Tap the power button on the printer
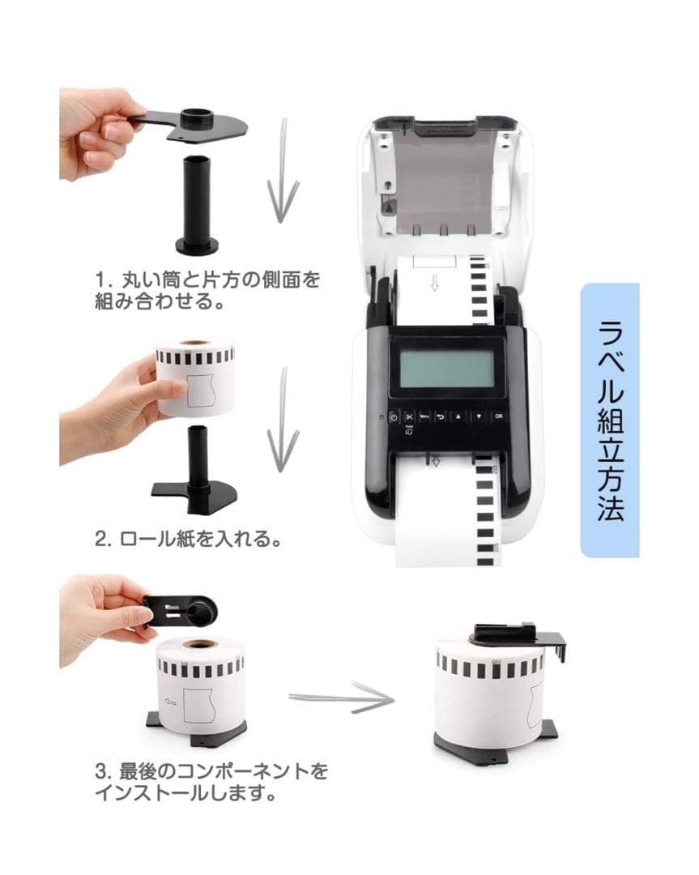[394, 417]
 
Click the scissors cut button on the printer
[410, 417]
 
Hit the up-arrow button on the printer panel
[458, 416]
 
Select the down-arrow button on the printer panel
[479, 416]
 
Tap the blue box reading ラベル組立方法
[610, 420]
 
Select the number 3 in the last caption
[101, 772]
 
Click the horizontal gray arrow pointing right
[342, 698]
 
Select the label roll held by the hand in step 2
[194, 377]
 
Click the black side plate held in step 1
[190, 124]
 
